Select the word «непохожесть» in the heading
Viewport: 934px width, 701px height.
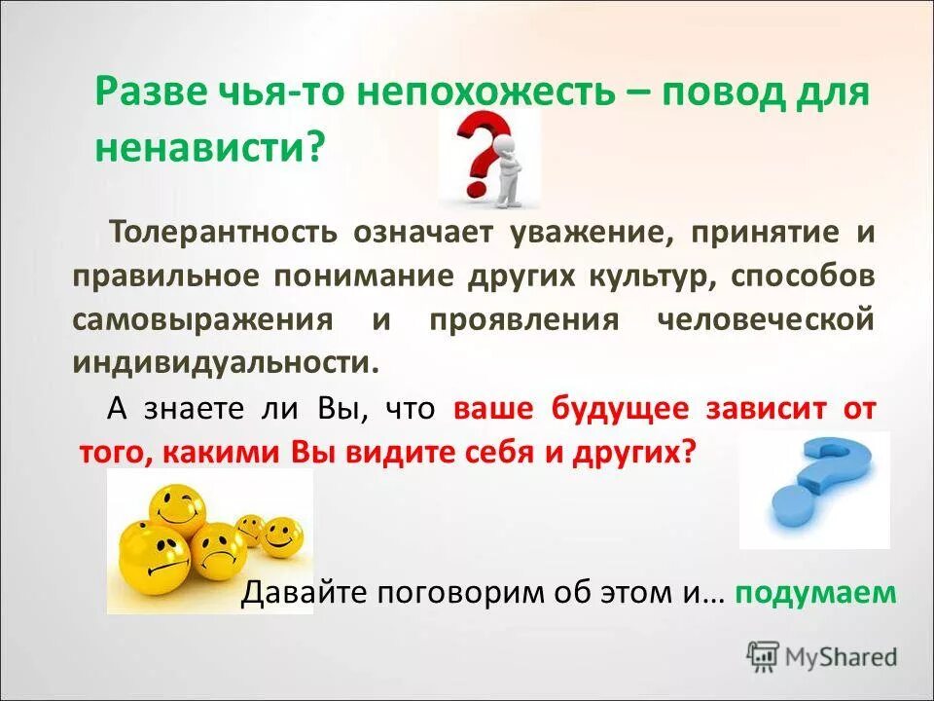click(485, 93)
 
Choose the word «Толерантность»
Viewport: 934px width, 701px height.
click(224, 233)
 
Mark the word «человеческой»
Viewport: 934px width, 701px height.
click(765, 318)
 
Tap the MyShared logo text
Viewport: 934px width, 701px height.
click(837, 655)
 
